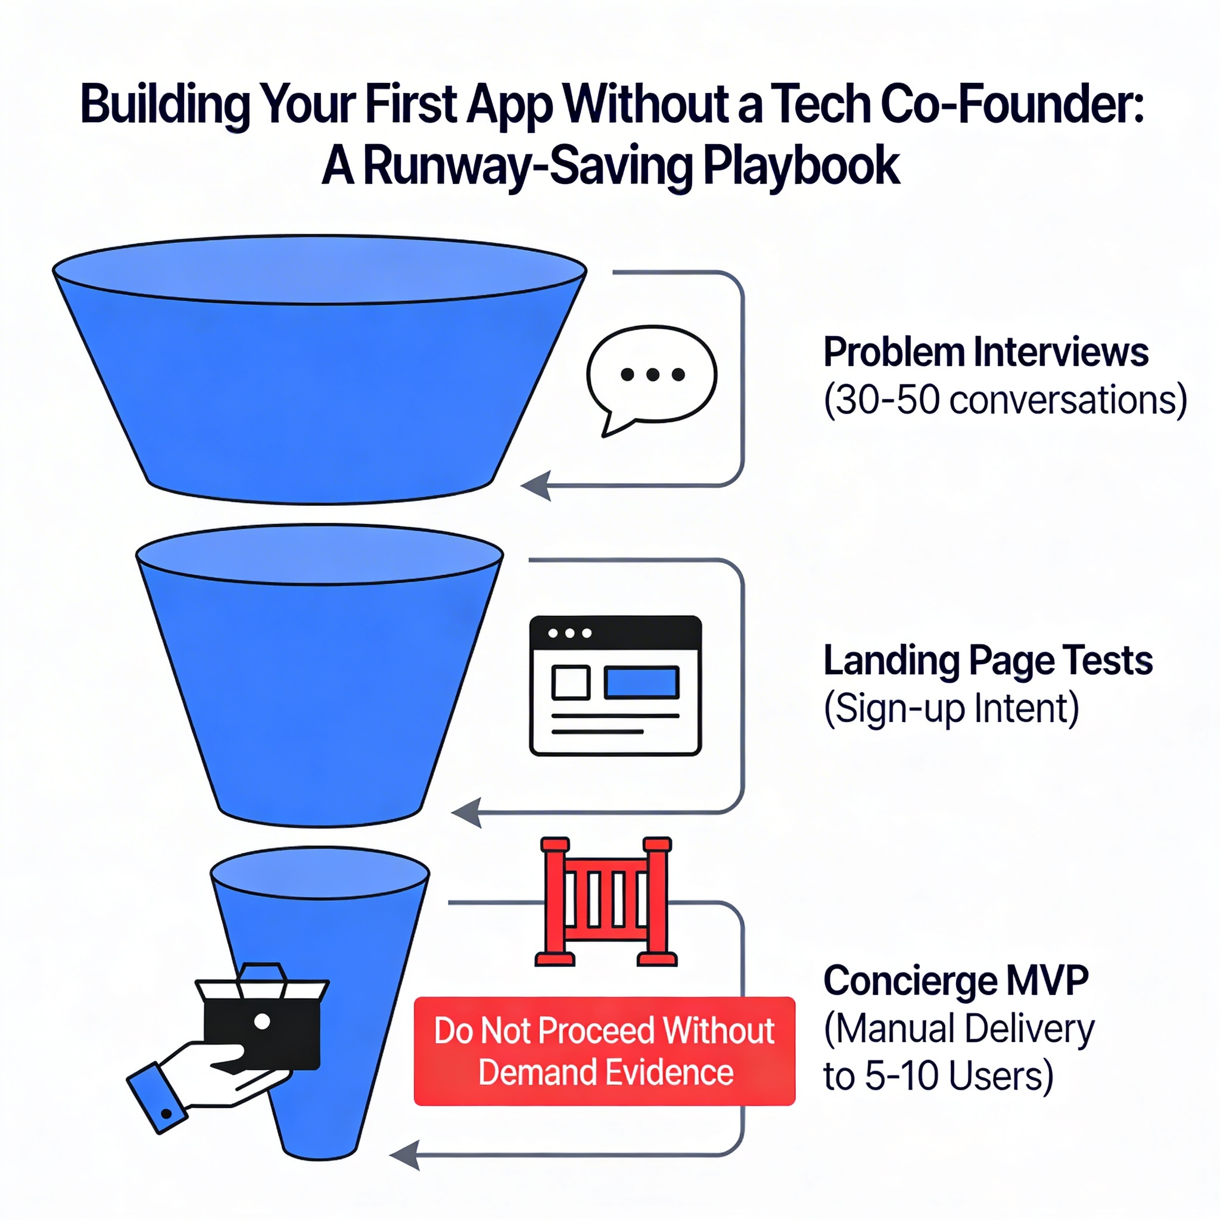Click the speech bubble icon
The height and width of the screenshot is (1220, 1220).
tap(651, 378)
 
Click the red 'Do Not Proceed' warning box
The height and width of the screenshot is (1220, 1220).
tap(604, 1051)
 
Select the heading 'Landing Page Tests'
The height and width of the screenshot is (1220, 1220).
tap(988, 661)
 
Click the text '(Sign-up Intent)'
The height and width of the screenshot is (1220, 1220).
tap(951, 708)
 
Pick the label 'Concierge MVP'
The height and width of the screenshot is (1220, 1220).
tap(956, 981)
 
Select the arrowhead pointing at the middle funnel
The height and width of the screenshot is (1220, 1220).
tap(466, 811)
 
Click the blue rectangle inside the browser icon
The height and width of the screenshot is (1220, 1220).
tap(642, 682)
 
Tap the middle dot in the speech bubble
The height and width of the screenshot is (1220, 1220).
tap(653, 375)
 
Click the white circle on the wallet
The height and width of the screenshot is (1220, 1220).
tap(262, 1020)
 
